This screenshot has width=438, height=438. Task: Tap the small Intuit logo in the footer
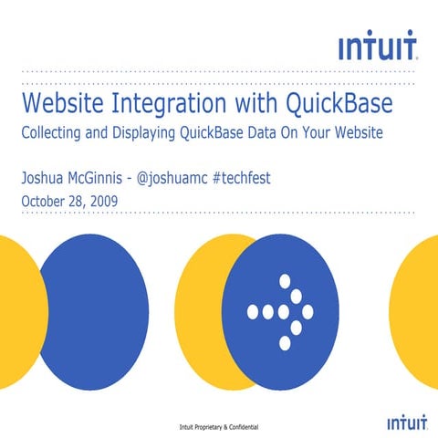(x=401, y=423)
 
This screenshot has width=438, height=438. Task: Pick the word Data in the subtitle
(x=268, y=132)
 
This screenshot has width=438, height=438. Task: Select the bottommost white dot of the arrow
(x=284, y=343)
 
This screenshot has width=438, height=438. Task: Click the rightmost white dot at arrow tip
(x=308, y=312)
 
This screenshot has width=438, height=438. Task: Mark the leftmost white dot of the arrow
(x=253, y=312)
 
